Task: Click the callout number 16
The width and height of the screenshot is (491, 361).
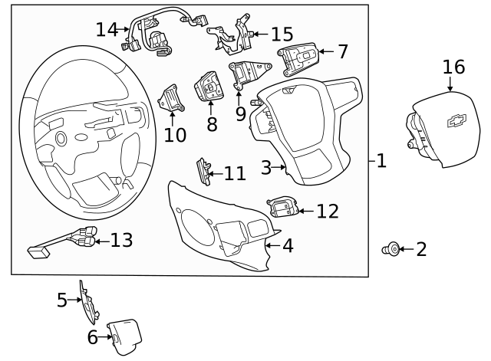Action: [453, 67]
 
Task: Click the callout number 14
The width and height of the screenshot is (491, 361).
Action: [107, 29]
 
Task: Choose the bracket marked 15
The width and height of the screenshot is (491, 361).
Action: [229, 34]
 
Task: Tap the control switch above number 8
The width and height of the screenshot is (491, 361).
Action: [209, 87]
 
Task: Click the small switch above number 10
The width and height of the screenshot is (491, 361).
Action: [170, 100]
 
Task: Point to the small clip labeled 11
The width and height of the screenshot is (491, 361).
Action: [204, 170]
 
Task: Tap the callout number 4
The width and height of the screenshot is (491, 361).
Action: [288, 246]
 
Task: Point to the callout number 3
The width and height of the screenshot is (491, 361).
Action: [266, 166]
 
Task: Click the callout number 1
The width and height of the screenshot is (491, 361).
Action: [381, 160]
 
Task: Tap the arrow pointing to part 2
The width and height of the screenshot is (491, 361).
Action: [405, 249]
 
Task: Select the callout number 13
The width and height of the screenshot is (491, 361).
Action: [121, 240]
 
